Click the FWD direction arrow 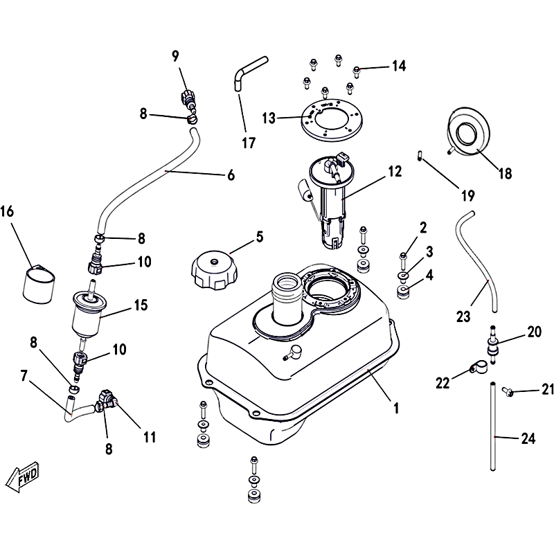22,476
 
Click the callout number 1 396,409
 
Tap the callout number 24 529,438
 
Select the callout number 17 249,143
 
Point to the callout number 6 231,175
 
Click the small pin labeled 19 420,154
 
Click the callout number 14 398,66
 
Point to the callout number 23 463,316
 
